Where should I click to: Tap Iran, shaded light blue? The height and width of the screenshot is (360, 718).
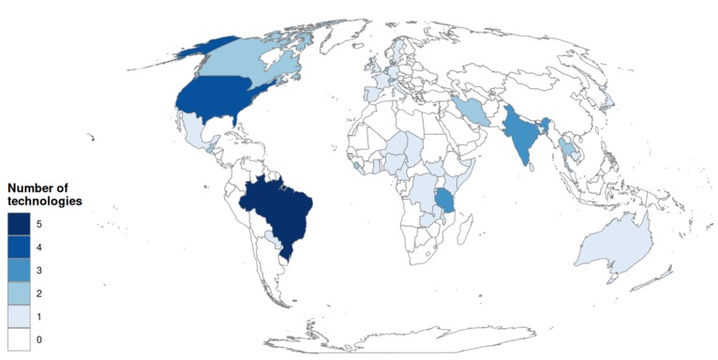coord(473,111)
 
